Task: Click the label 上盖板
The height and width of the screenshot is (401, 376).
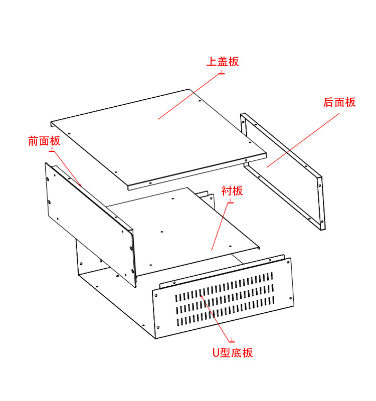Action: [x=223, y=62]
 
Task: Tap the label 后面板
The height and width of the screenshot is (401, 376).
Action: [x=339, y=102]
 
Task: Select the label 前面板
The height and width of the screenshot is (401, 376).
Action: [x=44, y=141]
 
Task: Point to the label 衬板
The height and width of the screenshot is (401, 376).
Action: [x=232, y=191]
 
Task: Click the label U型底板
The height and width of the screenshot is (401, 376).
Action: [x=232, y=352]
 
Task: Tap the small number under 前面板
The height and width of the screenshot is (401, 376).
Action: [x=52, y=149]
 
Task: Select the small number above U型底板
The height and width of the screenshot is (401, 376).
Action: [x=231, y=339]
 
